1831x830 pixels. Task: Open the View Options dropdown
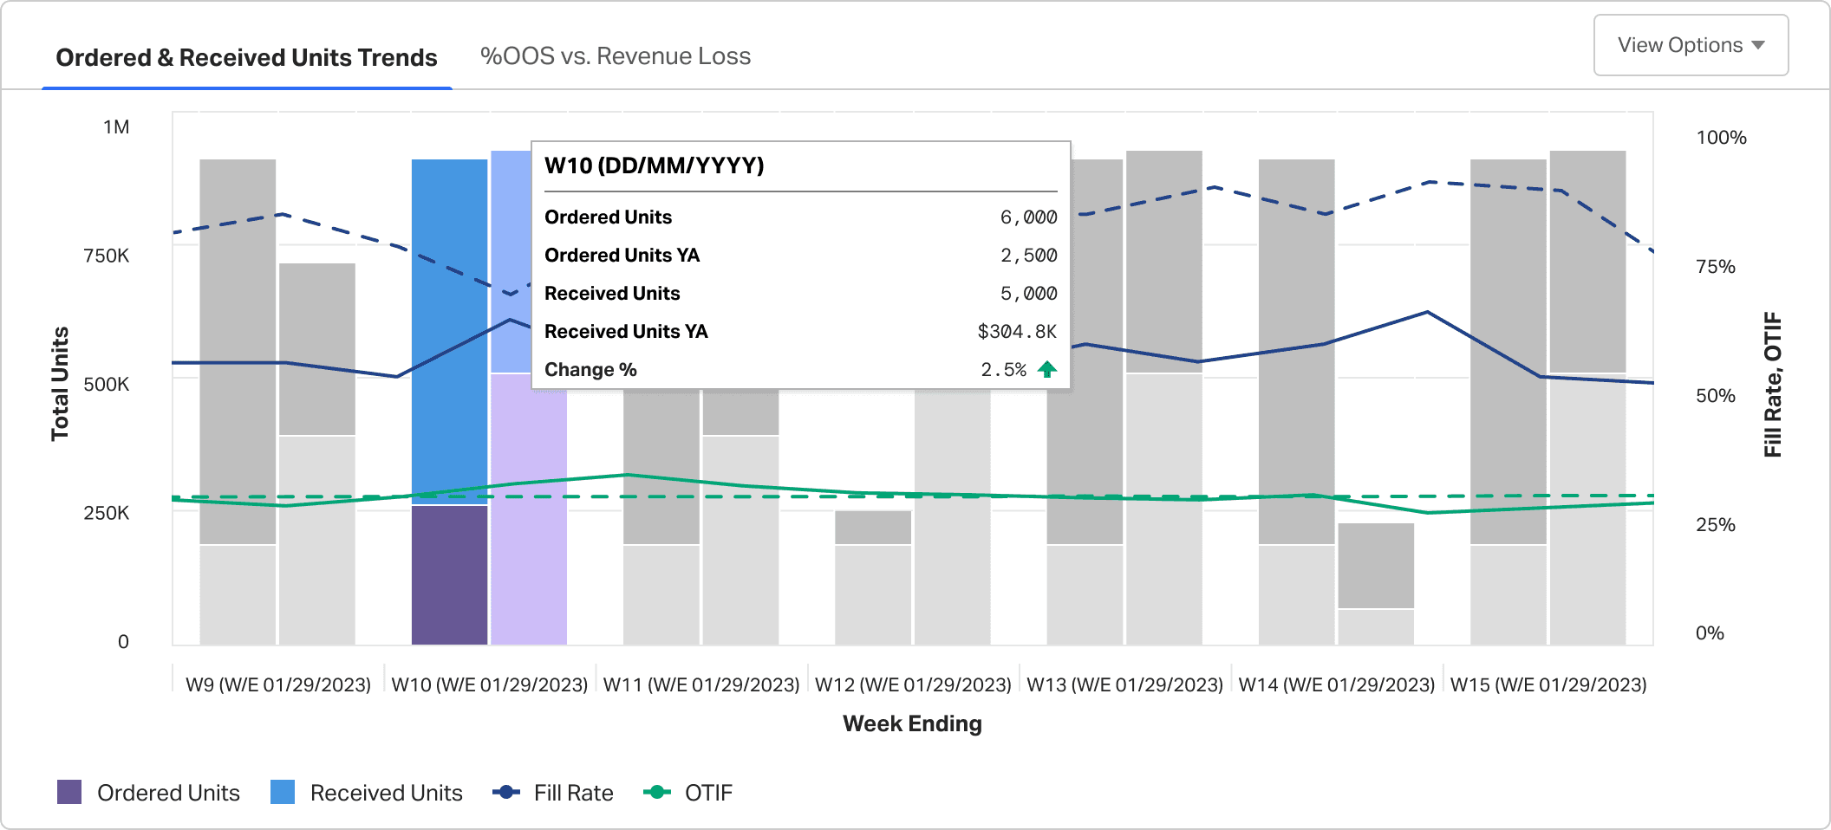click(1691, 45)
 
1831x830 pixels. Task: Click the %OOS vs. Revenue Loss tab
click(616, 56)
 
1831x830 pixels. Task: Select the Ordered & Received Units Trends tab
click(246, 57)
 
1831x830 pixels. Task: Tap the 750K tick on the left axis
click(107, 256)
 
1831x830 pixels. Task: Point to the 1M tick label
click(116, 127)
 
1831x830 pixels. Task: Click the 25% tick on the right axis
click(1716, 525)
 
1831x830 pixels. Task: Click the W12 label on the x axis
click(913, 684)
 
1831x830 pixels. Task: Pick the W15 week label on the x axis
click(1548, 684)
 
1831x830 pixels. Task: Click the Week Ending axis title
click(912, 723)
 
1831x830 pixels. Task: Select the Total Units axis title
click(60, 384)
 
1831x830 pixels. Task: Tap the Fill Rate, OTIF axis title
click(1773, 384)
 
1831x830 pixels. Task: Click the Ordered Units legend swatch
click(69, 792)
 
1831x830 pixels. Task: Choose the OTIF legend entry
click(687, 793)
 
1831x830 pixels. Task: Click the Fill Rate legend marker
click(506, 792)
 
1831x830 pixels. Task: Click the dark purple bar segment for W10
click(449, 575)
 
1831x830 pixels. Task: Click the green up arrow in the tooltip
click(1047, 370)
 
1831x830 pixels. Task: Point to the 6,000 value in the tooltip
click(1028, 217)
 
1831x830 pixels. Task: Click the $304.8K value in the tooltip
click(1017, 332)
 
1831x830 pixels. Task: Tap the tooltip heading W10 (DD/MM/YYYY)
click(655, 165)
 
